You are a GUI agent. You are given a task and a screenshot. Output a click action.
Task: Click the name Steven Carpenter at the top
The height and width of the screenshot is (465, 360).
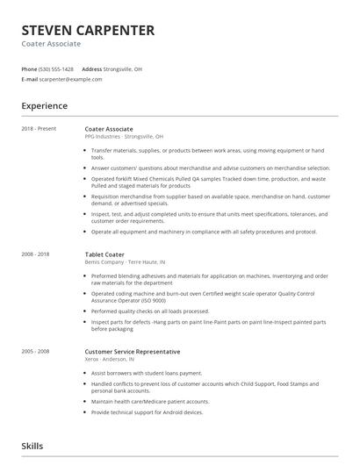click(x=88, y=31)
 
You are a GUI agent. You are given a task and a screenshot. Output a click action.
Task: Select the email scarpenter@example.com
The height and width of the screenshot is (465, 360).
click(x=71, y=79)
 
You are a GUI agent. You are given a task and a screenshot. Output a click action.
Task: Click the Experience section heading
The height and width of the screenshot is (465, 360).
click(x=45, y=106)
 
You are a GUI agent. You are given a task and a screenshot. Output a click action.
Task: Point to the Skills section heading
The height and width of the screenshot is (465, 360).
click(x=32, y=446)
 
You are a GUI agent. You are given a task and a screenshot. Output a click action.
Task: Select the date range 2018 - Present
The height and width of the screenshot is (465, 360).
click(x=40, y=129)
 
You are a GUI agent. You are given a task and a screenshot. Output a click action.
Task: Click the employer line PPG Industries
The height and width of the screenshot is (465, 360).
click(x=124, y=137)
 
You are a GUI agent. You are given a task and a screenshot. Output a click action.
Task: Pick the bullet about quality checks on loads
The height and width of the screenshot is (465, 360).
click(x=149, y=311)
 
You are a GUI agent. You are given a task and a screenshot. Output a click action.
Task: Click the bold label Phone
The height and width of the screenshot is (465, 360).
click(x=29, y=68)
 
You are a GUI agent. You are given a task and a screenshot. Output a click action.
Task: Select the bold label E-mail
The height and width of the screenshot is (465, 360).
click(x=30, y=79)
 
